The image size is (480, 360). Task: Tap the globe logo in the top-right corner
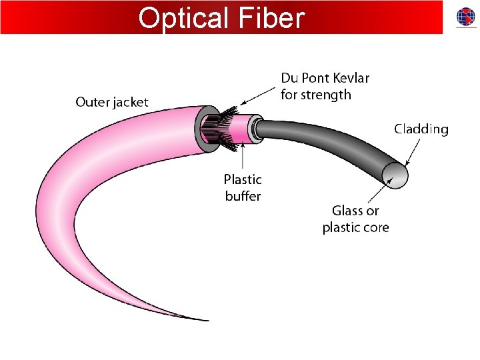(466, 17)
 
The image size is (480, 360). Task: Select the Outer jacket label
(112, 102)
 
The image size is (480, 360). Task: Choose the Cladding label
(421, 129)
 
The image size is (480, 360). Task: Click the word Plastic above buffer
(243, 179)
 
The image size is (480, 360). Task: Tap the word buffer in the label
(243, 196)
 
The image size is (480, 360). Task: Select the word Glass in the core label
(347, 211)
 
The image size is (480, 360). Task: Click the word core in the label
(375, 227)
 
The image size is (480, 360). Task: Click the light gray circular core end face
(394, 175)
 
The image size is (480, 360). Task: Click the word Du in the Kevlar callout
(289, 78)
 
